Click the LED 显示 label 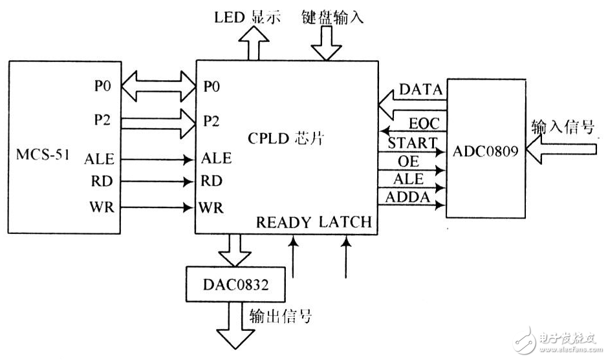tap(248, 17)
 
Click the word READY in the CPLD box tap(285, 222)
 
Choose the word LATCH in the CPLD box tap(346, 222)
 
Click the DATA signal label tap(421, 90)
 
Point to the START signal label tap(412, 143)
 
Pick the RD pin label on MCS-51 tap(102, 182)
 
